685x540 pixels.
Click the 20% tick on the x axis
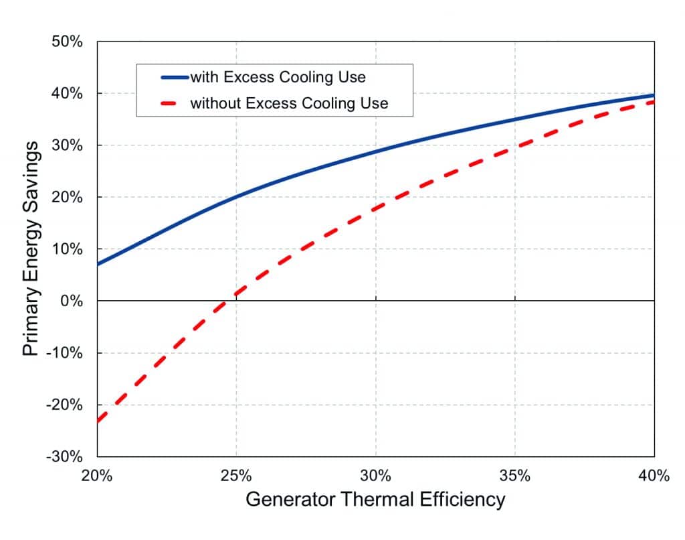click(x=97, y=476)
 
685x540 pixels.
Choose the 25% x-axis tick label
click(x=236, y=476)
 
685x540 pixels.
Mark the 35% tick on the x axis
click(x=515, y=476)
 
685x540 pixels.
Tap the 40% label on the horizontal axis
click(x=654, y=476)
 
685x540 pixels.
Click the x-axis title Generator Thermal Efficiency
click(x=375, y=500)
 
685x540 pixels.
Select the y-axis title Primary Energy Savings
click(x=31, y=249)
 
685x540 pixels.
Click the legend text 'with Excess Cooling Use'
click(x=278, y=77)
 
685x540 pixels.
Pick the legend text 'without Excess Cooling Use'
click(x=289, y=103)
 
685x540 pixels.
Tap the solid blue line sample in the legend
click(x=175, y=77)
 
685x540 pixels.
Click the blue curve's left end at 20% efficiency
click(x=98, y=264)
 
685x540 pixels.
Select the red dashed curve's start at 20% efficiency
click(x=98, y=421)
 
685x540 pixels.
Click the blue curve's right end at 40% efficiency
click(x=654, y=95)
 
